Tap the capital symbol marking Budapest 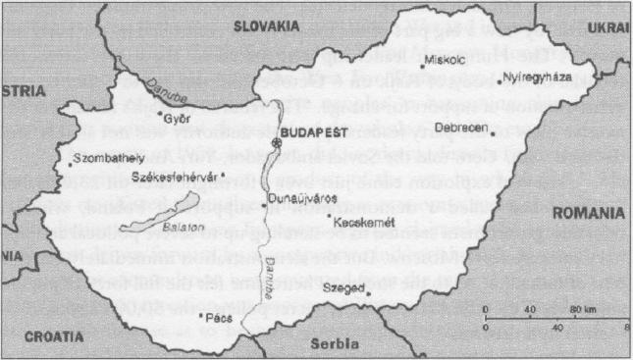278,143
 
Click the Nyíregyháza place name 535,77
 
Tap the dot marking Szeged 365,289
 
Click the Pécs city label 218,317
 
